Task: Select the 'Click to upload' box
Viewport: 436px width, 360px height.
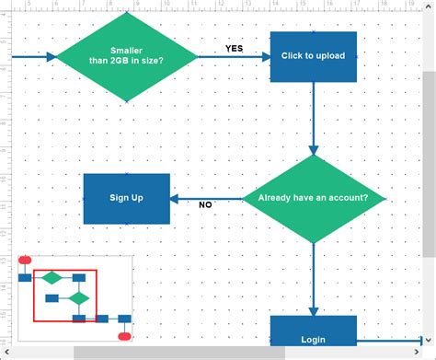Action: click(x=313, y=56)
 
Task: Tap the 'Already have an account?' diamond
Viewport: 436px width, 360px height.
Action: click(x=313, y=198)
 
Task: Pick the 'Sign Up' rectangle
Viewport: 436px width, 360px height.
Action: click(x=127, y=198)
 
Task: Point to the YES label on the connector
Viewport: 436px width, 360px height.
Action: click(x=235, y=49)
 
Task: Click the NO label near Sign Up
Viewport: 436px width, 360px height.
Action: click(x=205, y=205)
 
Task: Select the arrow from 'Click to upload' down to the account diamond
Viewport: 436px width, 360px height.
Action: click(x=313, y=115)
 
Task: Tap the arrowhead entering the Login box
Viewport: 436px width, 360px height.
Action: click(x=313, y=310)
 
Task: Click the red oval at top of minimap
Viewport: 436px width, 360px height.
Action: click(x=25, y=261)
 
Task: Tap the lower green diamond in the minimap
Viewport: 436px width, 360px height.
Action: click(x=80, y=297)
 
